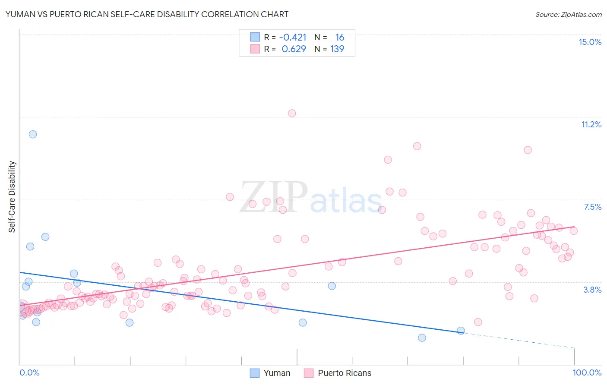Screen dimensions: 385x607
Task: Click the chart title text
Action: click(x=147, y=14)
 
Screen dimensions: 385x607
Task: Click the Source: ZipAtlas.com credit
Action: click(x=568, y=14)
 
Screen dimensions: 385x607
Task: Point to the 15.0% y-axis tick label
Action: click(x=590, y=42)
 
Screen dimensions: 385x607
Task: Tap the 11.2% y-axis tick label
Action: click(x=591, y=124)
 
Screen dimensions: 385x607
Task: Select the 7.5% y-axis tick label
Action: click(x=592, y=207)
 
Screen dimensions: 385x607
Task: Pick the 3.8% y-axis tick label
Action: click(x=592, y=290)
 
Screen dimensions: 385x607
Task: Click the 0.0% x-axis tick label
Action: click(x=29, y=372)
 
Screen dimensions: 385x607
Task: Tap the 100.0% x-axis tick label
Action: click(x=587, y=372)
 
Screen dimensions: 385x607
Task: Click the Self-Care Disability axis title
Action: click(x=12, y=197)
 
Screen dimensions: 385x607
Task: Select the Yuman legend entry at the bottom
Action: click(x=277, y=373)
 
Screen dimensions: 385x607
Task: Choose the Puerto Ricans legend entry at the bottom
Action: click(x=344, y=373)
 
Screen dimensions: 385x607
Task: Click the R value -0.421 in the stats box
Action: click(x=293, y=38)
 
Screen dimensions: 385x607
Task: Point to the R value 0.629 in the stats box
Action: click(x=294, y=49)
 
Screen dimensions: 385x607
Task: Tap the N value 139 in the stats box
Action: click(x=337, y=49)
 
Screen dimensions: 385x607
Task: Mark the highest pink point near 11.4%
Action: click(x=292, y=114)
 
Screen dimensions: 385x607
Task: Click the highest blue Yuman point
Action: click(x=33, y=134)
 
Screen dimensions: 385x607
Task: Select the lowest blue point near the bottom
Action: click(x=422, y=338)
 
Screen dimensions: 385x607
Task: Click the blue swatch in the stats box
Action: click(x=255, y=37)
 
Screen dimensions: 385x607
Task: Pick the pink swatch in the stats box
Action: click(x=255, y=49)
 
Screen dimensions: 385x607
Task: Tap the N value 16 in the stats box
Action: click(x=339, y=38)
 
